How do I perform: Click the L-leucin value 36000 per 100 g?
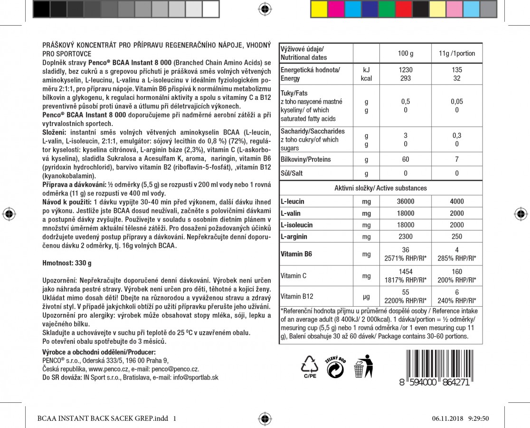(405, 202)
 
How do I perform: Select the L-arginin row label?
(294, 236)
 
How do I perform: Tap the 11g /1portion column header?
(456, 53)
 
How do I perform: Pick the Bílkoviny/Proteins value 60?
(405, 159)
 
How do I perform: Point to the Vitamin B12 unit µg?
(366, 296)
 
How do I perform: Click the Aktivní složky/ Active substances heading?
(380, 188)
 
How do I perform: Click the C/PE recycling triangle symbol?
(310, 366)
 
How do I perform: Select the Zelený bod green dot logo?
(336, 367)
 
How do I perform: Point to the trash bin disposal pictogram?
(363, 366)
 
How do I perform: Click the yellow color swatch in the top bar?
(318, 9)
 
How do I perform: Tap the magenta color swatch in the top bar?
(335, 9)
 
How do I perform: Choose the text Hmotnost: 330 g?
(67, 263)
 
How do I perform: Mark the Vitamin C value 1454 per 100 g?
(405, 272)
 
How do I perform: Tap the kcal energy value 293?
(405, 78)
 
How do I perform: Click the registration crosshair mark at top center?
(265, 9)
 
